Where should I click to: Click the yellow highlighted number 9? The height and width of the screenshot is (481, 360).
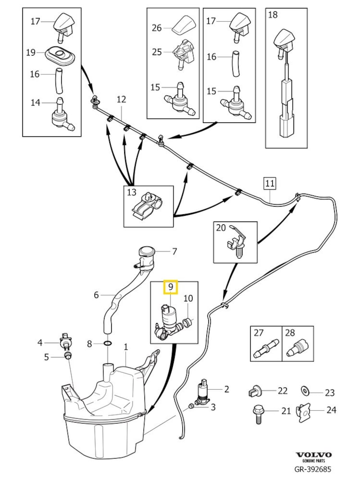pyautogui.click(x=171, y=286)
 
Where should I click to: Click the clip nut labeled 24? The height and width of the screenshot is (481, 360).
pyautogui.click(x=304, y=411)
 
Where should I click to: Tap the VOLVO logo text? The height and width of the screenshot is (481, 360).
pyautogui.click(x=314, y=455)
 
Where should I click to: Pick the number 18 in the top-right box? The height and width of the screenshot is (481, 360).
pyautogui.click(x=273, y=15)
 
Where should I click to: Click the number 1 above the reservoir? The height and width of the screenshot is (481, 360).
pyautogui.click(x=126, y=347)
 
